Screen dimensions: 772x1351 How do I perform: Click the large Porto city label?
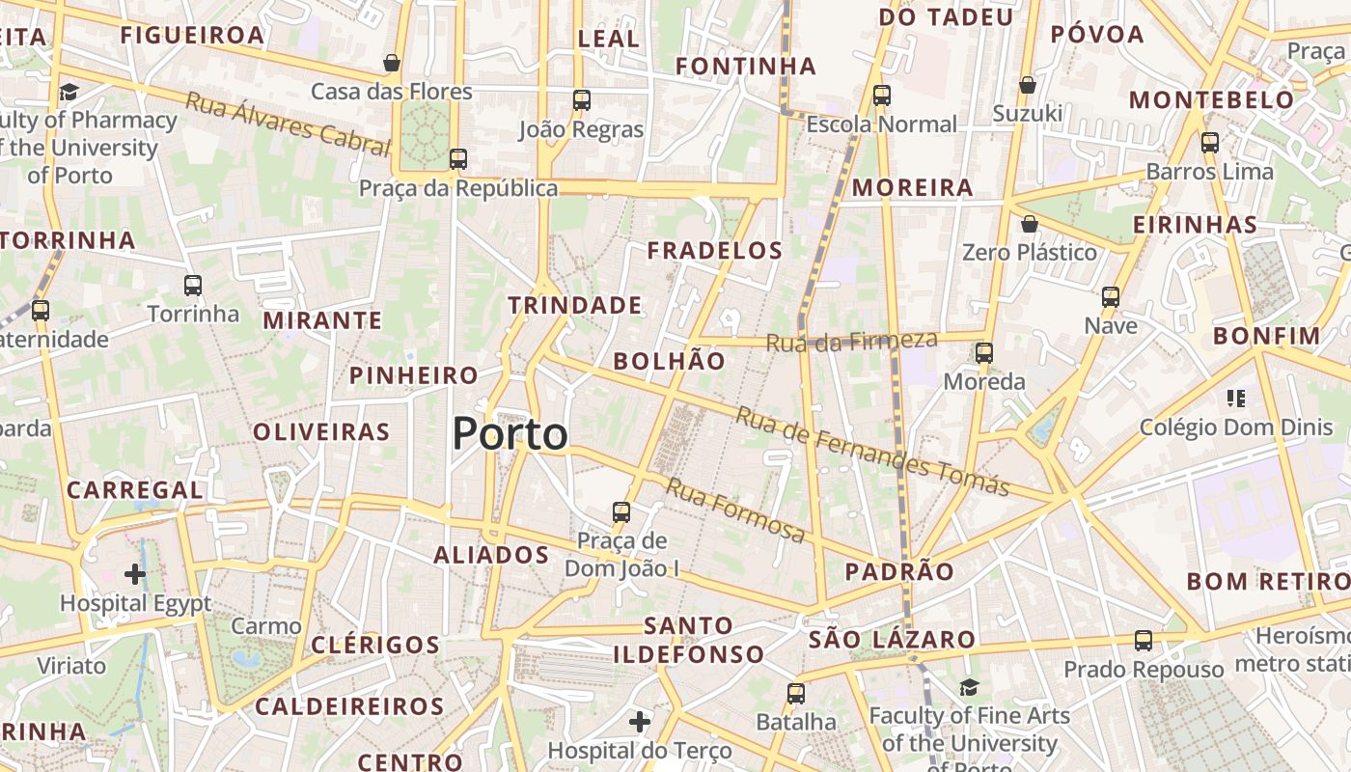(x=510, y=434)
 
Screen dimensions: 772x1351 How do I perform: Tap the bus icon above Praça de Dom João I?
(x=621, y=511)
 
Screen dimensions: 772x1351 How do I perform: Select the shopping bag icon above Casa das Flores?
(x=392, y=63)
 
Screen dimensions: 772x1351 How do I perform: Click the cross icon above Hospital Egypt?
(x=135, y=575)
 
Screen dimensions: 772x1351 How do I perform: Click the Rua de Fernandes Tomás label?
(x=872, y=451)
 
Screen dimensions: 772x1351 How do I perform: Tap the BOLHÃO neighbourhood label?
(x=669, y=361)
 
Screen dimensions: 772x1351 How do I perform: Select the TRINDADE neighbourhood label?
(x=575, y=306)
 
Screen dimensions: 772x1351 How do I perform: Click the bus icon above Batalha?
(x=796, y=693)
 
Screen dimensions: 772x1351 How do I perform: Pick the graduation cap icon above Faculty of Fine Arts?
(x=969, y=687)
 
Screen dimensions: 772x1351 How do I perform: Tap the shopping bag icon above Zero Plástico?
(x=1030, y=224)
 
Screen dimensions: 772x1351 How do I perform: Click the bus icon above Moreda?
(x=984, y=353)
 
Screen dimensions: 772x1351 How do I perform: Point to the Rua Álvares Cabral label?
(x=288, y=124)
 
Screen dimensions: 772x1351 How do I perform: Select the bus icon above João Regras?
(x=581, y=99)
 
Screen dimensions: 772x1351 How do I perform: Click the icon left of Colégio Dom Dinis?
(x=1236, y=398)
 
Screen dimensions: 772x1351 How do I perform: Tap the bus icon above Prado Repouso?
(x=1144, y=640)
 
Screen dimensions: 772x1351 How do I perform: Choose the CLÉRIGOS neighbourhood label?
(x=375, y=645)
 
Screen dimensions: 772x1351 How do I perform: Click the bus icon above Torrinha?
(x=193, y=286)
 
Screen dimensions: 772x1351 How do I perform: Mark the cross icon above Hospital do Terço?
(x=640, y=722)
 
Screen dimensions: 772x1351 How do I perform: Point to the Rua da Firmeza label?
(x=852, y=341)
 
